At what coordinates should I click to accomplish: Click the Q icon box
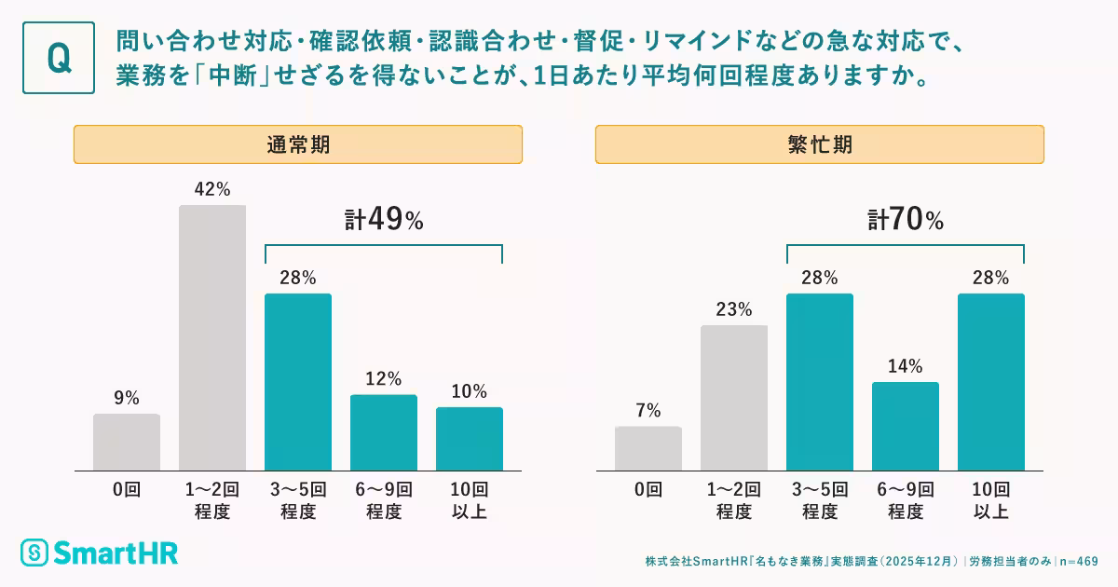(x=59, y=58)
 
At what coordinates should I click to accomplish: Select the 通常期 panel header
(x=297, y=144)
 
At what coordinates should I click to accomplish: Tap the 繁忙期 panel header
(x=819, y=144)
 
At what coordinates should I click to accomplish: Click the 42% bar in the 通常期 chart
(x=212, y=337)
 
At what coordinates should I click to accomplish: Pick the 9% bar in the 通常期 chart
(x=127, y=442)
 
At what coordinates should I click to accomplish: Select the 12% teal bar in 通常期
(x=384, y=432)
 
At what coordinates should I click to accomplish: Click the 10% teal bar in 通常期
(x=470, y=438)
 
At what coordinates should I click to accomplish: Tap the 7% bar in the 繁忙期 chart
(x=648, y=448)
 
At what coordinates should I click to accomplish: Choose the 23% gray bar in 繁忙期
(x=734, y=398)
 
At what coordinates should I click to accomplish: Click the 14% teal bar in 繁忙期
(x=906, y=426)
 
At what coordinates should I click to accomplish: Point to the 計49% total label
(x=384, y=221)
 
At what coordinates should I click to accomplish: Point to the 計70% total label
(x=906, y=221)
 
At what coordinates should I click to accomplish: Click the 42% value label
(x=212, y=189)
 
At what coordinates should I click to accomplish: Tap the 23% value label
(x=734, y=309)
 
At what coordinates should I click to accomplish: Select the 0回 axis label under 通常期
(x=127, y=489)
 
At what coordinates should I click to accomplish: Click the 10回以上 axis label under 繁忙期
(x=991, y=500)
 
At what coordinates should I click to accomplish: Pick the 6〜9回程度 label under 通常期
(x=384, y=500)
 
